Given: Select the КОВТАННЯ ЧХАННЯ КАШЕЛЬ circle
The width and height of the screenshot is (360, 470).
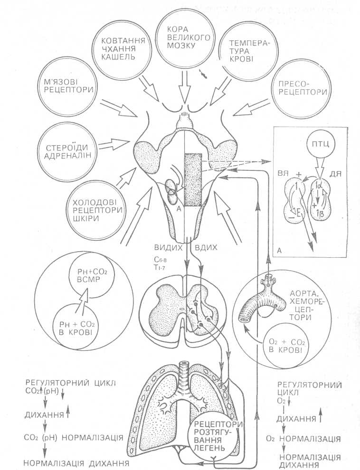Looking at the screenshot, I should (122, 50).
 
